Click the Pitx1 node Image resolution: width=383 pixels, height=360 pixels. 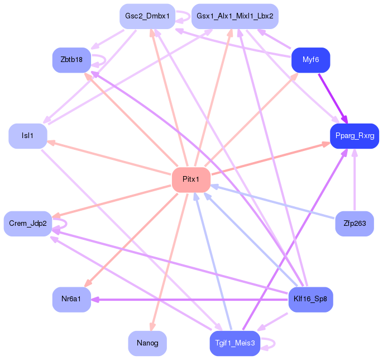[191, 179]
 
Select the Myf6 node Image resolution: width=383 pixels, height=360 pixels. [310, 60]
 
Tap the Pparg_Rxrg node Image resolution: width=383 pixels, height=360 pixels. [355, 136]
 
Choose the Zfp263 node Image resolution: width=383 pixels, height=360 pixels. [355, 224]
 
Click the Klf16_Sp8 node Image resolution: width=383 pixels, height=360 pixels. [310, 300]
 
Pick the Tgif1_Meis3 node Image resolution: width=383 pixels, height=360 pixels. [235, 343]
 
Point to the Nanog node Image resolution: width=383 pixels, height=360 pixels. [147, 343]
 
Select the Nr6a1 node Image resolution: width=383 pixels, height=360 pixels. [71, 300]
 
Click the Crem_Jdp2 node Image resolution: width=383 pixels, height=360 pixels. [28, 224]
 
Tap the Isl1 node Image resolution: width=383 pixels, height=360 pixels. [28, 136]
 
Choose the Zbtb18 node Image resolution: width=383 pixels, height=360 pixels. [71, 60]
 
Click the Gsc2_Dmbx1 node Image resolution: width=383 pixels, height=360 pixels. [147, 16]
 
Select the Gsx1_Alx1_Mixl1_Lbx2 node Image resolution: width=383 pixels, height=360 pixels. [235, 16]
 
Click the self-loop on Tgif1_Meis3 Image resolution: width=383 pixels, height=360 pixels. [275, 343]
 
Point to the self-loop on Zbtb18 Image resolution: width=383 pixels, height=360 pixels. [106, 60]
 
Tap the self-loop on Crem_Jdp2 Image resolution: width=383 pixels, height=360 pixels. [66, 224]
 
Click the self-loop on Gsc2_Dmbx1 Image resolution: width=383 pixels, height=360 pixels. [190, 16]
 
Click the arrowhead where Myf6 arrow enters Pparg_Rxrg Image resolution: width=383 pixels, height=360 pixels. [345, 120]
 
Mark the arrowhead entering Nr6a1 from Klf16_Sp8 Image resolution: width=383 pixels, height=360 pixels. [95, 300]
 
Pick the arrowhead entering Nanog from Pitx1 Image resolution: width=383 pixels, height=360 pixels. [152, 326]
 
